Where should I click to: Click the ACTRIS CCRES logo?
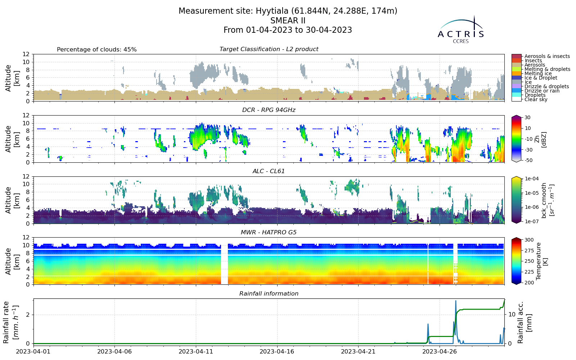(461, 30)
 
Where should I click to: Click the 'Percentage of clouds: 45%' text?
(97, 50)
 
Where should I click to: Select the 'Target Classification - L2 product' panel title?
(269, 49)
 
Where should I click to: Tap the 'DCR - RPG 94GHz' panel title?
(269, 110)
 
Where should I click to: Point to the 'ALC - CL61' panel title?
(269, 171)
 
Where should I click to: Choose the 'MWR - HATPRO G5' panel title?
(269, 233)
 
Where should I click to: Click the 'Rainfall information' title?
(269, 294)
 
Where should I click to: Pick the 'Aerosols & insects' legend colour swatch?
(517, 56)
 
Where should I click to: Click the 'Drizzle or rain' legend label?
(542, 91)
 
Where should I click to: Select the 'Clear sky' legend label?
(536, 99)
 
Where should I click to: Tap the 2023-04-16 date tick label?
(277, 351)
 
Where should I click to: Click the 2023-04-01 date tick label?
(33, 351)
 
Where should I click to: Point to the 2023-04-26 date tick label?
(440, 351)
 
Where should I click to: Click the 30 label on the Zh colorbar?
(527, 117)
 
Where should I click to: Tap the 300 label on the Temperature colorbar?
(529, 240)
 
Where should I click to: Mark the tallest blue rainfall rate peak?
(456, 301)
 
